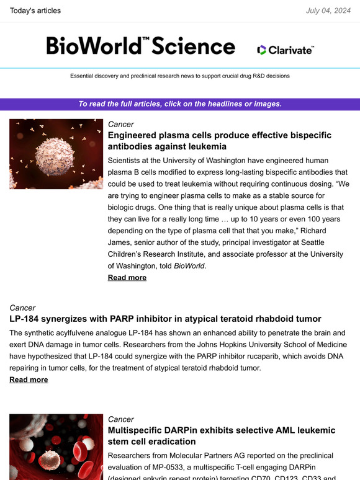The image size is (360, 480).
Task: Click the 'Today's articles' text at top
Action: pyautogui.click(x=35, y=10)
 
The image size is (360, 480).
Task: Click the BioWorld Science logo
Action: pyautogui.click(x=141, y=46)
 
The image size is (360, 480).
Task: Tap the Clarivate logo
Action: pyautogui.click(x=286, y=50)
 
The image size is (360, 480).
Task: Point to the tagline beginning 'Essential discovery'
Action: pyautogui.click(x=180, y=76)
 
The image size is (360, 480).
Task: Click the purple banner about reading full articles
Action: pyautogui.click(x=180, y=104)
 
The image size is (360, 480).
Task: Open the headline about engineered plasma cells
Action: pyautogui.click(x=220, y=141)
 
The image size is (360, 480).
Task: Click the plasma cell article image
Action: pyautogui.click(x=56, y=154)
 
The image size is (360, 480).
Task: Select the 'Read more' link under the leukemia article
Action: pyautogui.click(x=127, y=277)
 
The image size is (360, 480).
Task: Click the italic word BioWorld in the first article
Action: pyautogui.click(x=190, y=265)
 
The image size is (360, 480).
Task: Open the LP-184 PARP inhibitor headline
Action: pyautogui.click(x=165, y=319)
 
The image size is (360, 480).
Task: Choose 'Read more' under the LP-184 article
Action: pyautogui.click(x=29, y=379)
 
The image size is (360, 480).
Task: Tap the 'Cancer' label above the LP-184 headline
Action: pyautogui.click(x=22, y=308)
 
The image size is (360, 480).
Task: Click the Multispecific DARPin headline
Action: pyautogui.click(x=221, y=436)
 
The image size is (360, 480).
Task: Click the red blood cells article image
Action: pyautogui.click(x=56, y=447)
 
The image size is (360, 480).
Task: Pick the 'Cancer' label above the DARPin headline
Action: pyautogui.click(x=121, y=419)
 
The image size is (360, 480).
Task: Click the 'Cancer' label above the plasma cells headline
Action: pyautogui.click(x=121, y=124)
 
